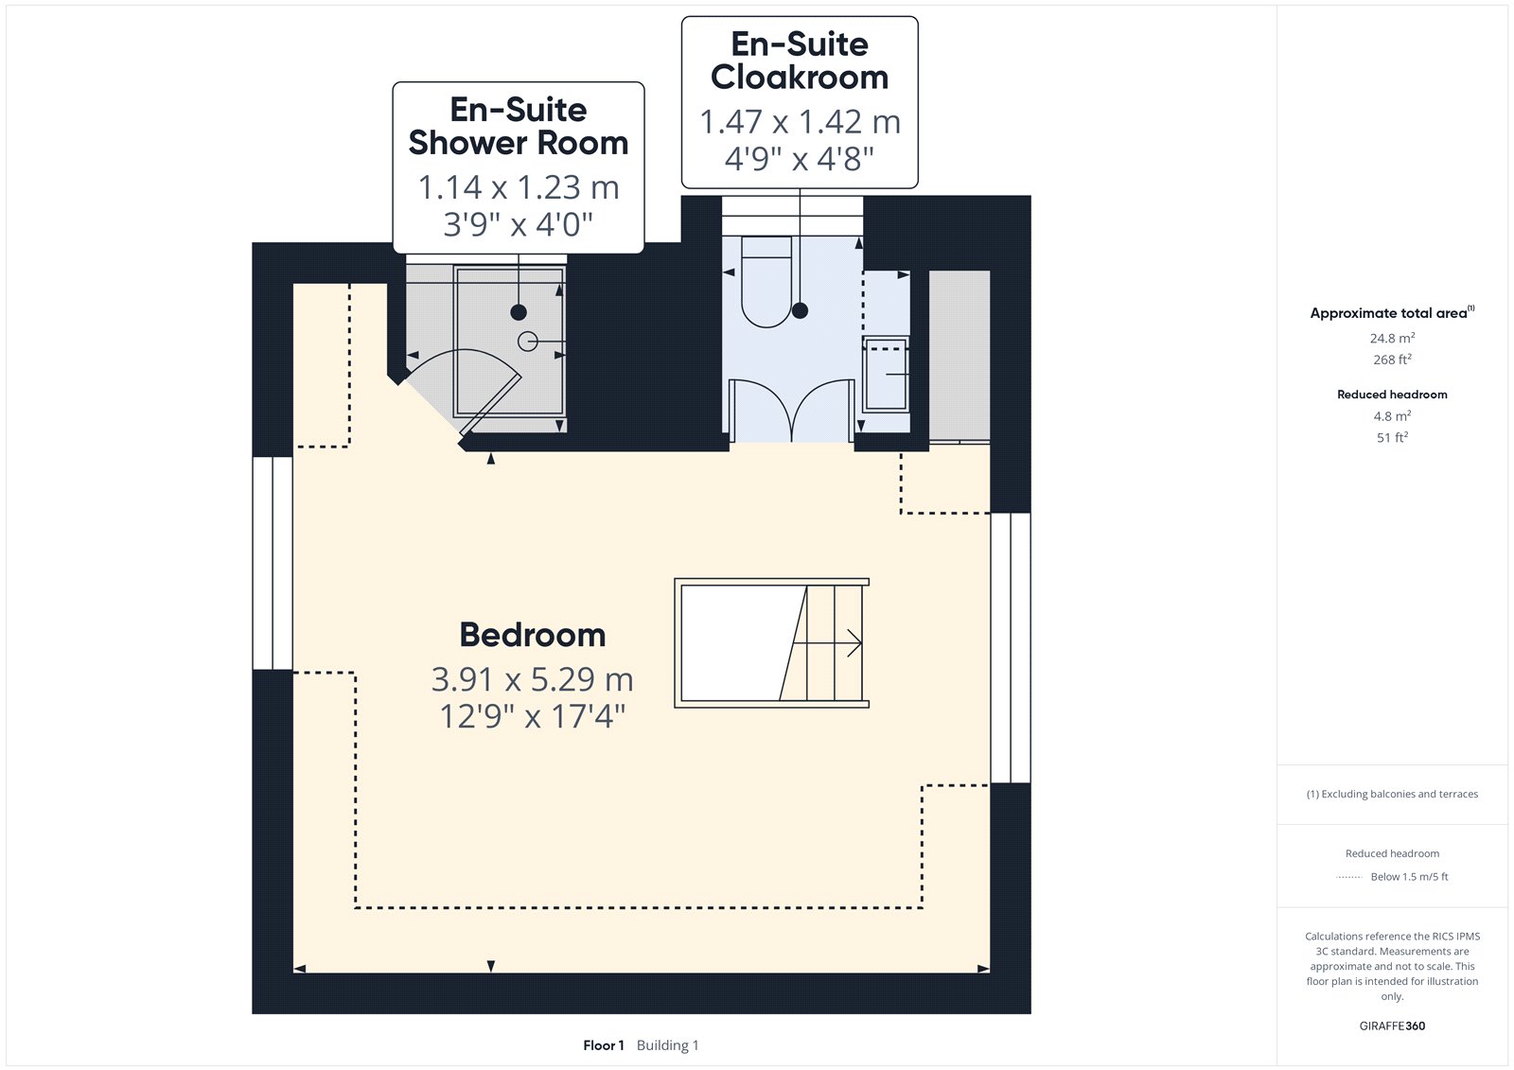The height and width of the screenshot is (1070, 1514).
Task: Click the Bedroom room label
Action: [x=533, y=635]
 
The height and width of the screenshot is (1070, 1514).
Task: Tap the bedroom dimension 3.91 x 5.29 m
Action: [x=533, y=679]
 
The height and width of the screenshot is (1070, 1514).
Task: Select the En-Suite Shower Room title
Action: [x=519, y=127]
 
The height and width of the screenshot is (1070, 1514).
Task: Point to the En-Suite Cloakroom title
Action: [x=800, y=61]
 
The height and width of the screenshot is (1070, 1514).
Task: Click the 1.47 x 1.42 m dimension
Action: [x=800, y=122]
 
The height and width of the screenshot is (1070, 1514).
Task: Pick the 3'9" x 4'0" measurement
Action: [x=519, y=224]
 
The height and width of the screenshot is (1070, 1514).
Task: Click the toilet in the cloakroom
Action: [x=766, y=282]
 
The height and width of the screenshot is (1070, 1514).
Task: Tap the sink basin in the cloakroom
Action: [x=886, y=373]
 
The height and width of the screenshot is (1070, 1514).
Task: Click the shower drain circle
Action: [x=527, y=342]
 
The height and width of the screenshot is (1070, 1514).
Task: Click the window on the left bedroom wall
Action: [x=273, y=563]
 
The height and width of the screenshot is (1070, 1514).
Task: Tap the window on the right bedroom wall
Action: [x=1011, y=647]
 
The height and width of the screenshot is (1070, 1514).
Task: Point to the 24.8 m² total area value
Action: [x=1392, y=338]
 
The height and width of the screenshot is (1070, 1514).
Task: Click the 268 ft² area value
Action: [x=1392, y=360]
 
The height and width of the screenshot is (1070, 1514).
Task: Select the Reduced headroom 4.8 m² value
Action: [x=1392, y=415]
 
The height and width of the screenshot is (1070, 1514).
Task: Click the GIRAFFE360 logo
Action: [x=1392, y=1026]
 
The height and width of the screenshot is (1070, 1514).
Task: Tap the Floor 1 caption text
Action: [x=604, y=1045]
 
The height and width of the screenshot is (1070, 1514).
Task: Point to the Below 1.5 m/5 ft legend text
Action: [x=1409, y=877]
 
